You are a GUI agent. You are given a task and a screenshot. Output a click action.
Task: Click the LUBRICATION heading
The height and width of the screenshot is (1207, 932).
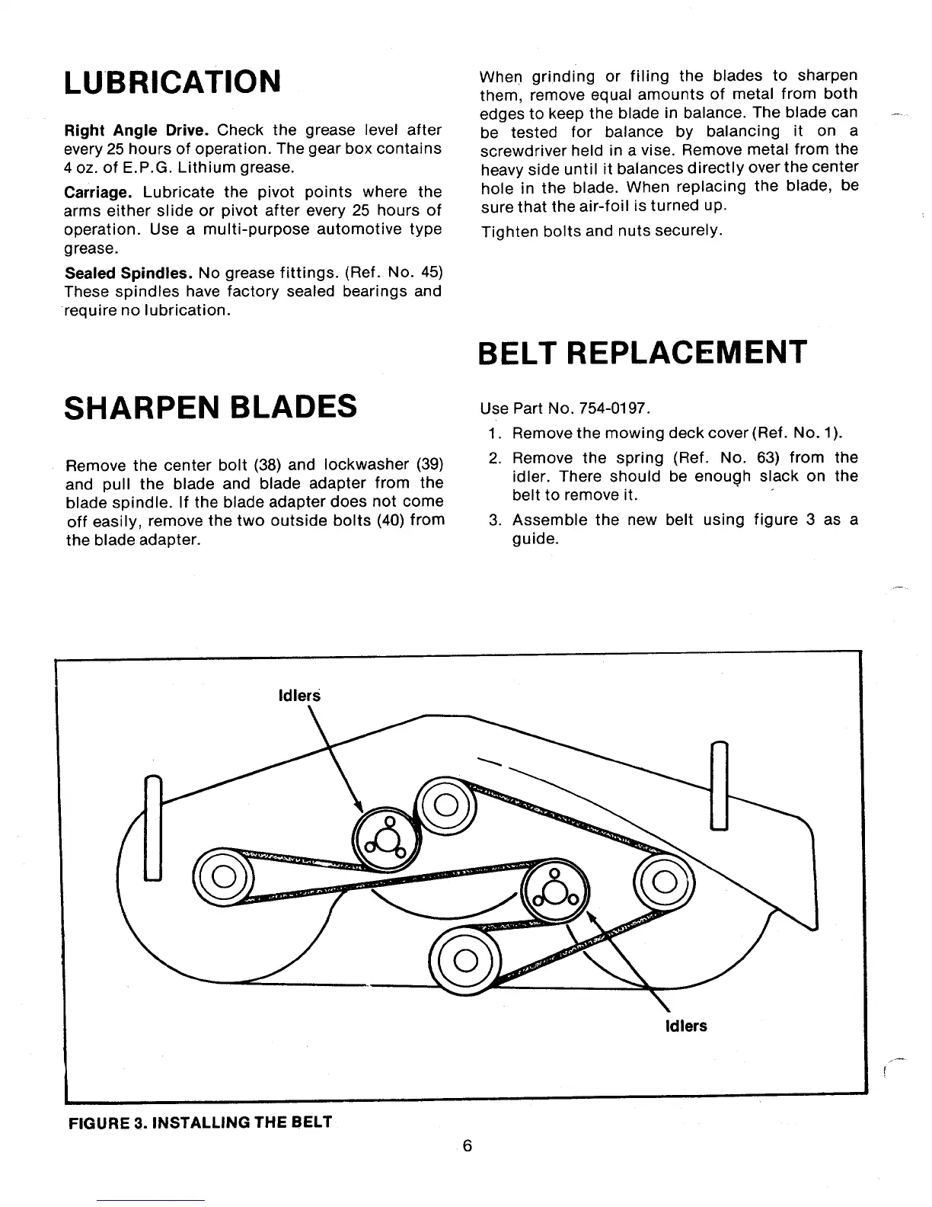pos(173,81)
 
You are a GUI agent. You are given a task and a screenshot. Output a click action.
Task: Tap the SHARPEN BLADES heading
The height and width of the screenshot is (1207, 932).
pos(211,406)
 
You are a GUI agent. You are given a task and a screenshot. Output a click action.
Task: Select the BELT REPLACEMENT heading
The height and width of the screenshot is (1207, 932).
pos(642,352)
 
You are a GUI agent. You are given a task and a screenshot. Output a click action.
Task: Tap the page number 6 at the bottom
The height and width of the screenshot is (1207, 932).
pos(468,1146)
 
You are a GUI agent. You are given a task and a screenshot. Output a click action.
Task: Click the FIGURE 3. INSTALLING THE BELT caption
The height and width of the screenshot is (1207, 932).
pos(199,1122)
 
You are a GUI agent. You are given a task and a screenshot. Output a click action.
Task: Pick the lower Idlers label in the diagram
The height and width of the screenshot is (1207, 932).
pos(685,1026)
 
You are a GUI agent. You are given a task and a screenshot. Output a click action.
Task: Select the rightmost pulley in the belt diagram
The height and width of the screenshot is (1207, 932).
pos(663,882)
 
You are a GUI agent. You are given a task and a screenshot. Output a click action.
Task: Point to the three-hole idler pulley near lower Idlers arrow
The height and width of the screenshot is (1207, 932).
pos(554,889)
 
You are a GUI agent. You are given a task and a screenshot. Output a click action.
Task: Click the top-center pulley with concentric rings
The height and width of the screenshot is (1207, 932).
pos(446,807)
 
